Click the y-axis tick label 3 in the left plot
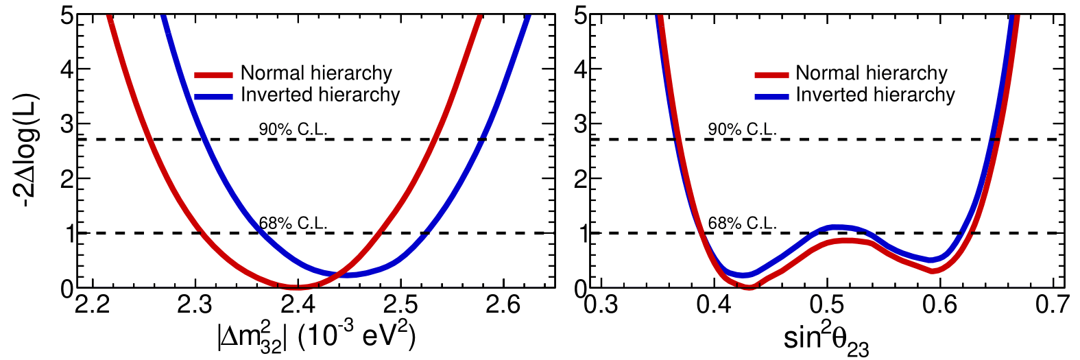pyautogui.click(x=67, y=124)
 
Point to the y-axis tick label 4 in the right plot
pyautogui.click(x=581, y=69)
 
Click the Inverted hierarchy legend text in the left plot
pyautogui.click(x=320, y=95)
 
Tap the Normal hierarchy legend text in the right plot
pyautogui.click(x=871, y=73)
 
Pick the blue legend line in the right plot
pyautogui.click(x=772, y=96)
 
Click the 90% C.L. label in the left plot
pyautogui.click(x=293, y=129)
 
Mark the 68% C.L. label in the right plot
pyautogui.click(x=742, y=223)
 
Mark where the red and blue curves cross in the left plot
pyautogui.click(x=337, y=275)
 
